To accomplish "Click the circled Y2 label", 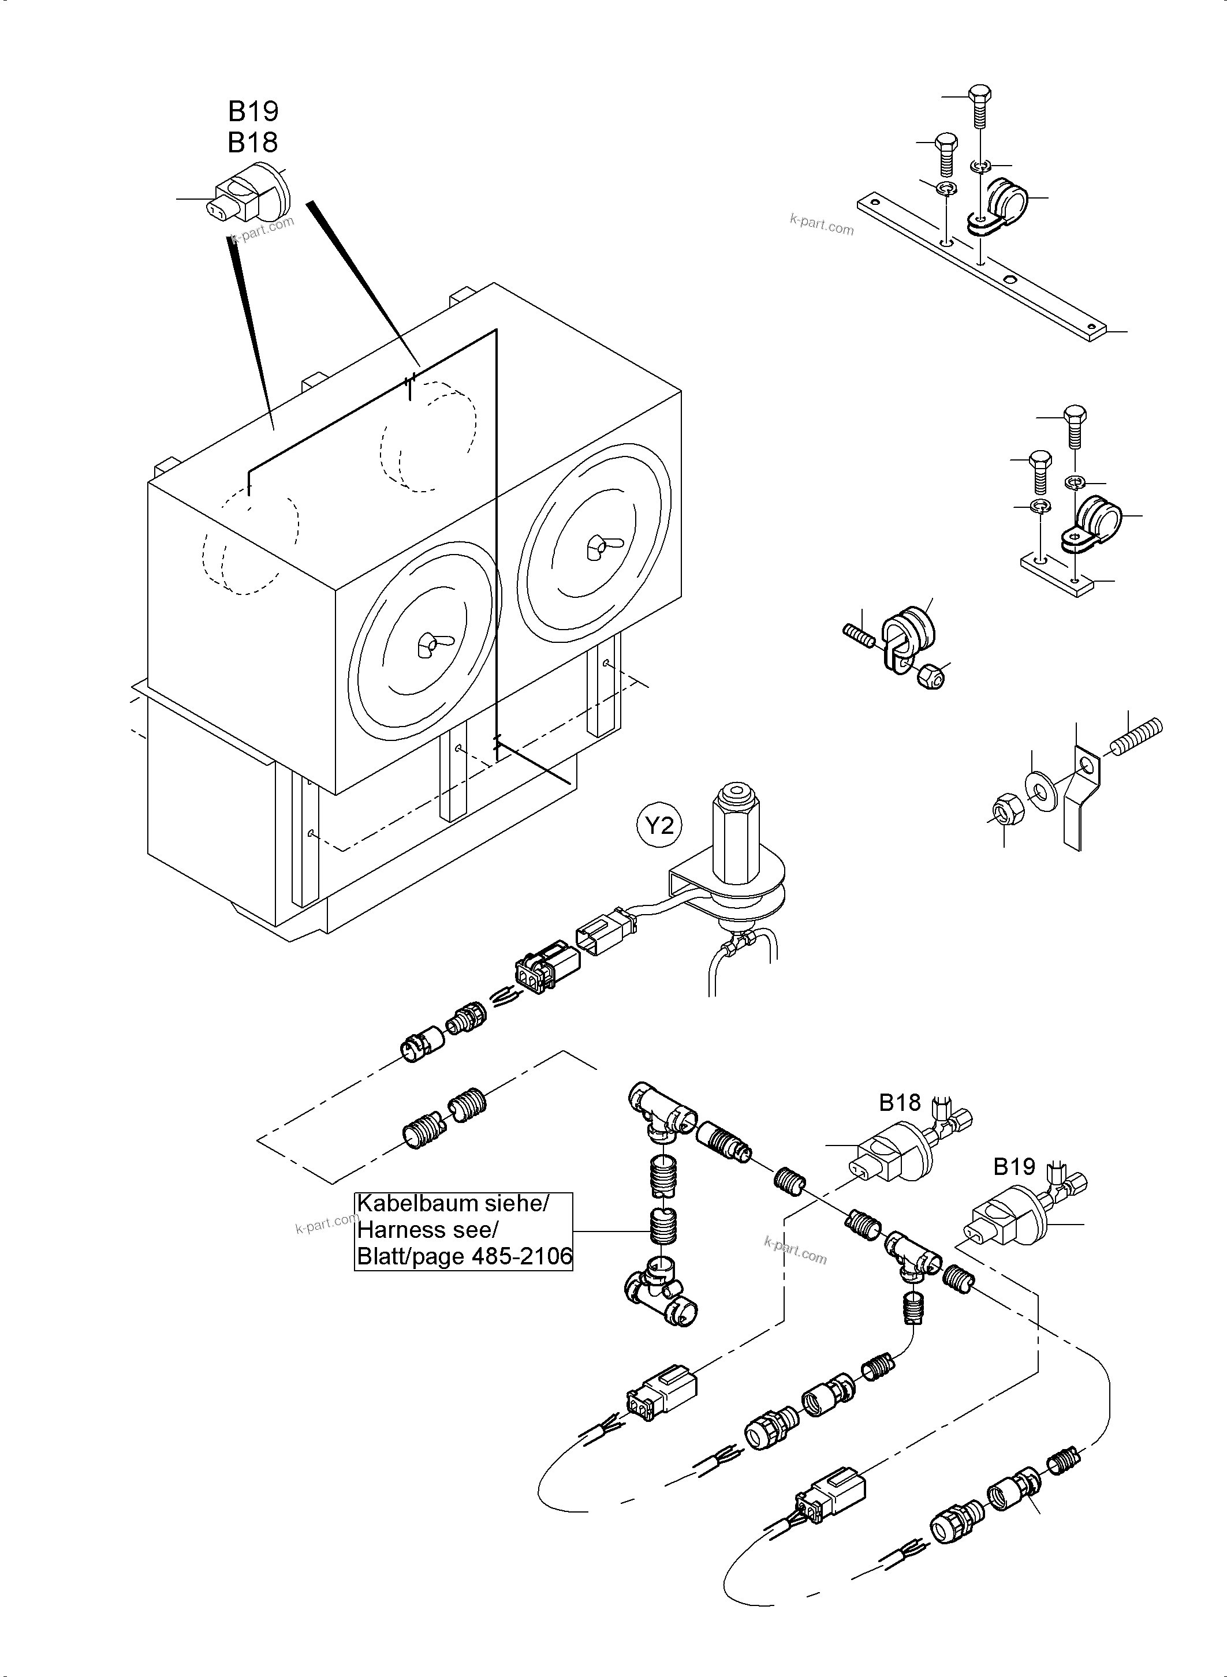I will click(659, 825).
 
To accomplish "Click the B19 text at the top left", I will click(253, 111).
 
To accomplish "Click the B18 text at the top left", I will click(253, 142).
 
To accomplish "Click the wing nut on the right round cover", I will click(596, 546).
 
